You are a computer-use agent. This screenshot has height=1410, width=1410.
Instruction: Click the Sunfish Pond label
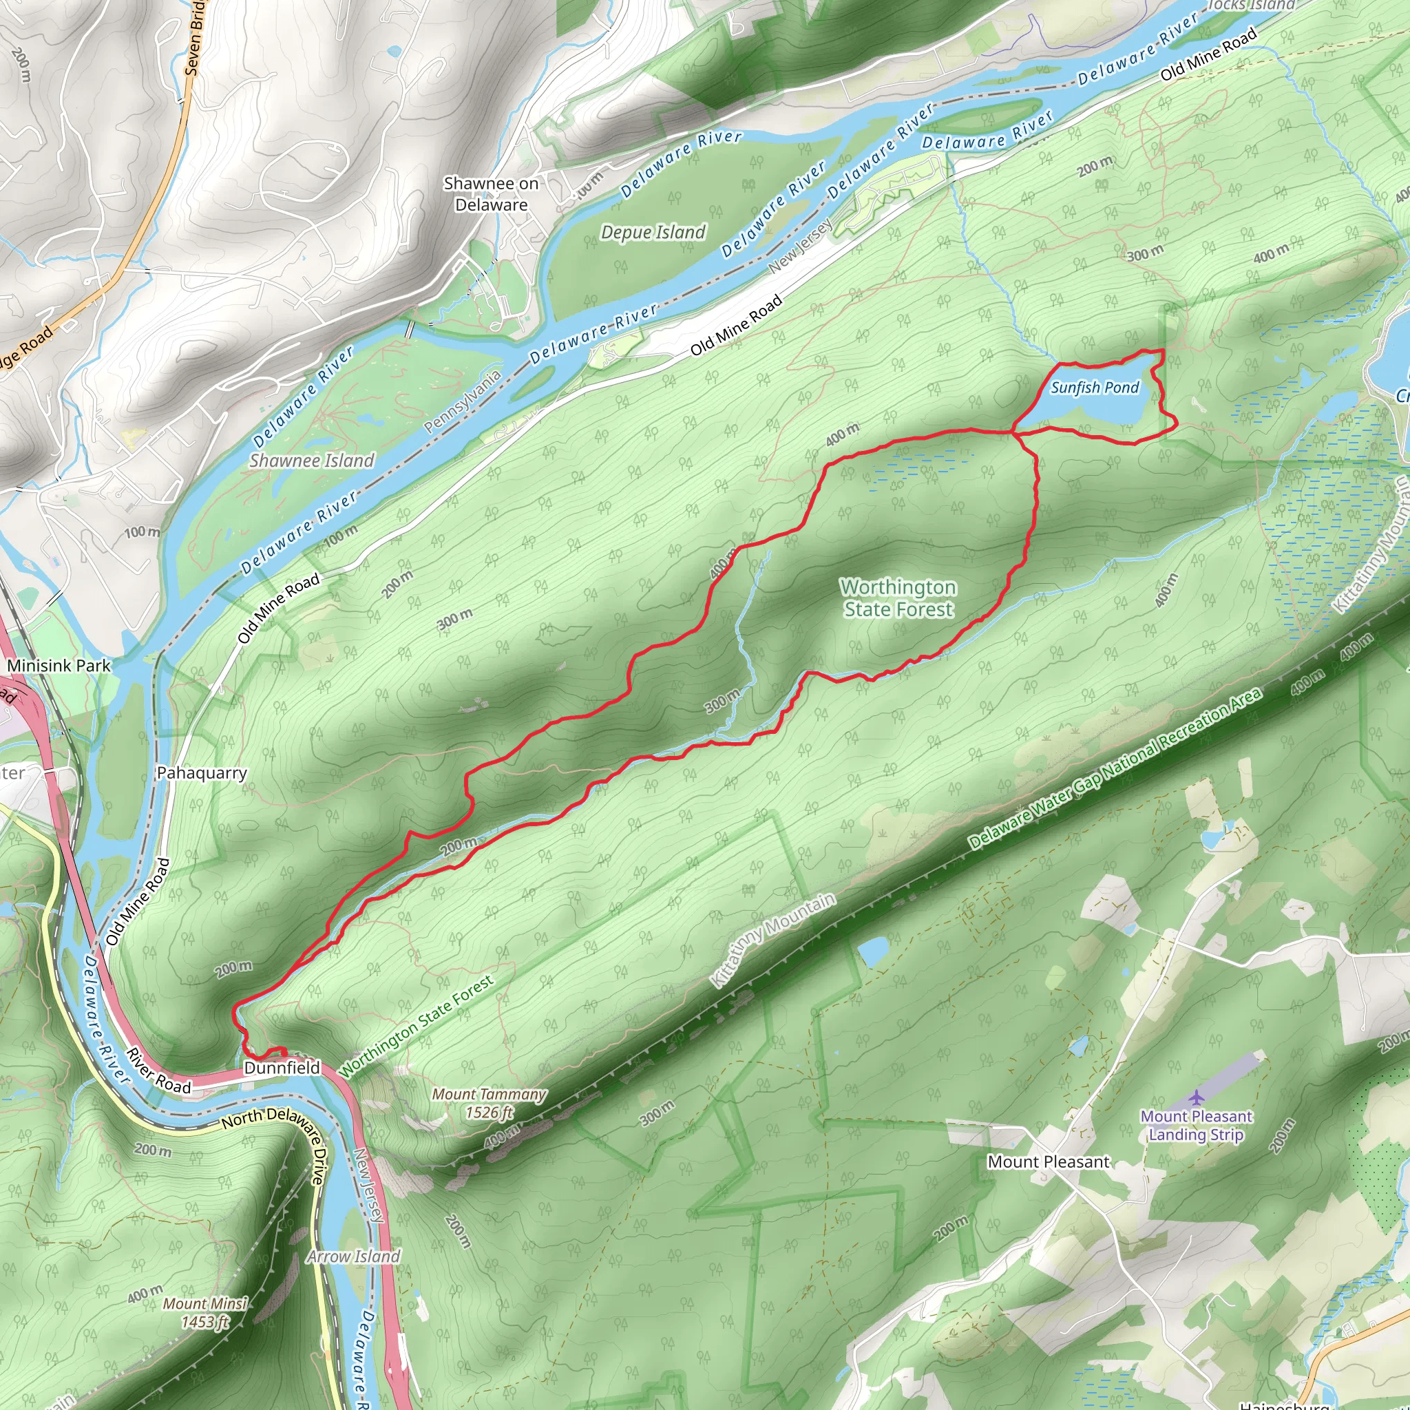click(1094, 388)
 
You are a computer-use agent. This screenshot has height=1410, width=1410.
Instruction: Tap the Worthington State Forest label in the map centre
click(898, 598)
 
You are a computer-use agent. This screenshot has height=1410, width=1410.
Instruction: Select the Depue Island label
click(653, 232)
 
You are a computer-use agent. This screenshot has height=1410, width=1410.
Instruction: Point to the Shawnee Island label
click(312, 461)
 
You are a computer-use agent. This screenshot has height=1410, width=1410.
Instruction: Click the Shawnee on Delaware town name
click(491, 194)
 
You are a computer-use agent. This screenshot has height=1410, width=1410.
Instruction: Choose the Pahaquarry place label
click(202, 773)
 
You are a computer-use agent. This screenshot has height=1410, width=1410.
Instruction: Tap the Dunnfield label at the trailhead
click(282, 1068)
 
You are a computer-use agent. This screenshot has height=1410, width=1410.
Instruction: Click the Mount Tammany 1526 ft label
click(489, 1103)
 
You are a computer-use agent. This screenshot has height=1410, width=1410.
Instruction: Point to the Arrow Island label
click(353, 1256)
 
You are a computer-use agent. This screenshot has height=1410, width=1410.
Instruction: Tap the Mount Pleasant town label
click(1048, 1161)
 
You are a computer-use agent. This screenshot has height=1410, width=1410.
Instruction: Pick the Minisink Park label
click(59, 666)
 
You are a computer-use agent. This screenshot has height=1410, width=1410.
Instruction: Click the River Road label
click(158, 1071)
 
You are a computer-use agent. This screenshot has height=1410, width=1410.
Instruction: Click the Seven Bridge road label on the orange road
click(193, 36)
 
